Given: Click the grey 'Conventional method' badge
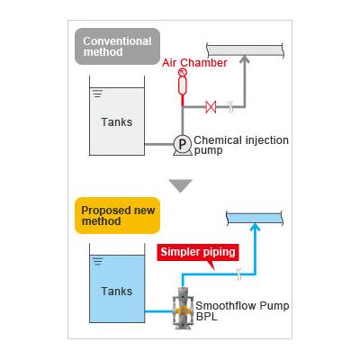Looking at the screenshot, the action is [x=117, y=47].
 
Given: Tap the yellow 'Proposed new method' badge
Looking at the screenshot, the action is [x=117, y=216].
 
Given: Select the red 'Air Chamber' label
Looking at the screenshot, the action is [x=194, y=63].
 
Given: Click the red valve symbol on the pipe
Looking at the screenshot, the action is [x=211, y=107].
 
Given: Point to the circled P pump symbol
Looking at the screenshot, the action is [x=183, y=145].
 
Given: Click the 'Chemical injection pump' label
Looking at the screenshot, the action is [x=241, y=145].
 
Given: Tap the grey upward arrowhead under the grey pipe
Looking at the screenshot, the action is [x=245, y=58].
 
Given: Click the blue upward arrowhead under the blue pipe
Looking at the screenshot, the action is [x=255, y=227].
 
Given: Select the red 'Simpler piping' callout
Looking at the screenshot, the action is [x=198, y=252].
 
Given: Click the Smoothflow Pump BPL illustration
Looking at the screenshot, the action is [x=183, y=308].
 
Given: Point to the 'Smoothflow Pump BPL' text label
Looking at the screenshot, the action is [x=242, y=311].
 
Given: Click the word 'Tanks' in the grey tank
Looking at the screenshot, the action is [x=117, y=122].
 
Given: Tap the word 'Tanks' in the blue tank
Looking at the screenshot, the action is [x=117, y=292].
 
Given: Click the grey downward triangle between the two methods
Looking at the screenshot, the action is [x=180, y=185].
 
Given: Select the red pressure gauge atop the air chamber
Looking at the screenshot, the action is [x=183, y=72].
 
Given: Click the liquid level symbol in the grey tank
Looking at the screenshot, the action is [x=98, y=94].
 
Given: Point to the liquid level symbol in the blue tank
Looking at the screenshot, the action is [x=98, y=262].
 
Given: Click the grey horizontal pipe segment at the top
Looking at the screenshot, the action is [x=246, y=50].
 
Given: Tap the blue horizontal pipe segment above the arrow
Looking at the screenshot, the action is [x=255, y=218].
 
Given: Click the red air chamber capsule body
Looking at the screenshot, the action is [x=183, y=85].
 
